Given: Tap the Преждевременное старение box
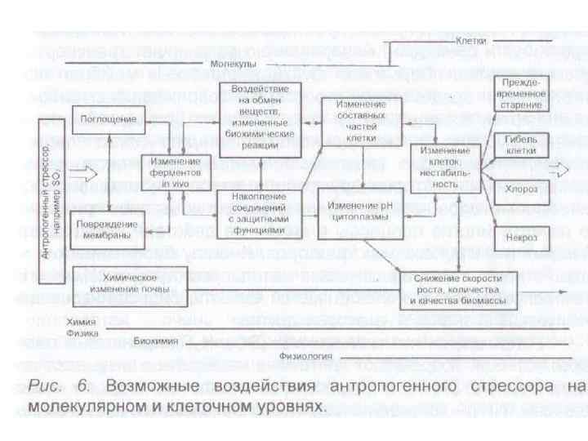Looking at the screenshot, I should pyautogui.click(x=521, y=94).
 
